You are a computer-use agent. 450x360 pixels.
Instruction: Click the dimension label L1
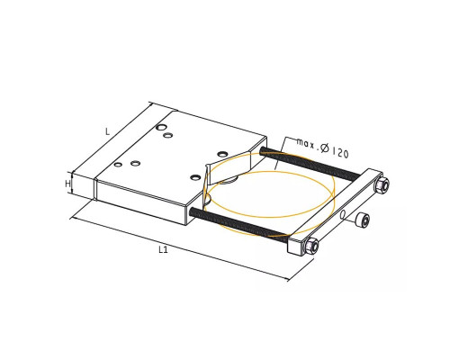click(163, 249)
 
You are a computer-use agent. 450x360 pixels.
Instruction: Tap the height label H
click(68, 184)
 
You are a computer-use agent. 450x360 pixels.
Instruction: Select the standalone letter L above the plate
click(108, 131)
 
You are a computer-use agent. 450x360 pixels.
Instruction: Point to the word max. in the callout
click(306, 143)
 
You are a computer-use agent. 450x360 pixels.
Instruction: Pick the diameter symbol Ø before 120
click(324, 148)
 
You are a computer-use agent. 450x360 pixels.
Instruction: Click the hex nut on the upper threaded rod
click(382, 184)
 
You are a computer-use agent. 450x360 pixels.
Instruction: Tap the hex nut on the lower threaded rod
click(311, 247)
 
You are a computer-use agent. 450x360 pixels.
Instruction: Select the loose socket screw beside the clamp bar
click(361, 220)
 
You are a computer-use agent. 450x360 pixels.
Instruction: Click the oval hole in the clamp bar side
click(343, 215)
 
